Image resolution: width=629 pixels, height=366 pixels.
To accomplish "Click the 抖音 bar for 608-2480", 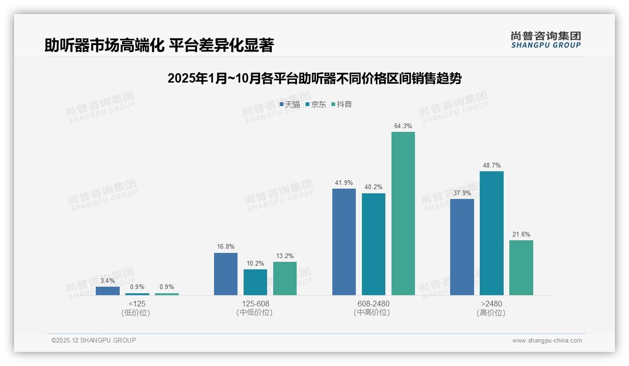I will coord(403,213).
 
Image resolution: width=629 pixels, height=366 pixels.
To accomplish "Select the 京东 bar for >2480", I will coord(491,233).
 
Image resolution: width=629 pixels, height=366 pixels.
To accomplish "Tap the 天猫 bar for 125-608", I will coord(226,274).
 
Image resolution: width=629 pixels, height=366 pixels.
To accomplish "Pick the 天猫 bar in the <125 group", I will coord(107,291).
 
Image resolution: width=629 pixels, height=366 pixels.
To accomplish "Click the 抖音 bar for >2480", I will coord(521,267).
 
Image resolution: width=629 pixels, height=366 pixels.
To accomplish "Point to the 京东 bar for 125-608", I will coord(255,282).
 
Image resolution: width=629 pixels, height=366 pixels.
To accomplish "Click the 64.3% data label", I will coord(403,126).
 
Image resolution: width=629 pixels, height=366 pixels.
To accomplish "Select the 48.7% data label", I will coord(491,165).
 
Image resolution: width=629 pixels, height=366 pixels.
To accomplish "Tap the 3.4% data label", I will coord(107,281).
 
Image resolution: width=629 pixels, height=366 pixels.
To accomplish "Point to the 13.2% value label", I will coord(285,256).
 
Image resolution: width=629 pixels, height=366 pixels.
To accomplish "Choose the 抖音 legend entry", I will coord(342,105).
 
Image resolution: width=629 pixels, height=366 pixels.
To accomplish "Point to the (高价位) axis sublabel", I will coord(491,313).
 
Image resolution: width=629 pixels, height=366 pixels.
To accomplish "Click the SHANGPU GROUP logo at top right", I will coord(545,40).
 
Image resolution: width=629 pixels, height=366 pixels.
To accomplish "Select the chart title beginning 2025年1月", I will coord(314,78).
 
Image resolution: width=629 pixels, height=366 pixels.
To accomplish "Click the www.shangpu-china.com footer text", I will coord(547,341).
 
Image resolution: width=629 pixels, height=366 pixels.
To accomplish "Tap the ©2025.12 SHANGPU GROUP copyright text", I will coord(93,341).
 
